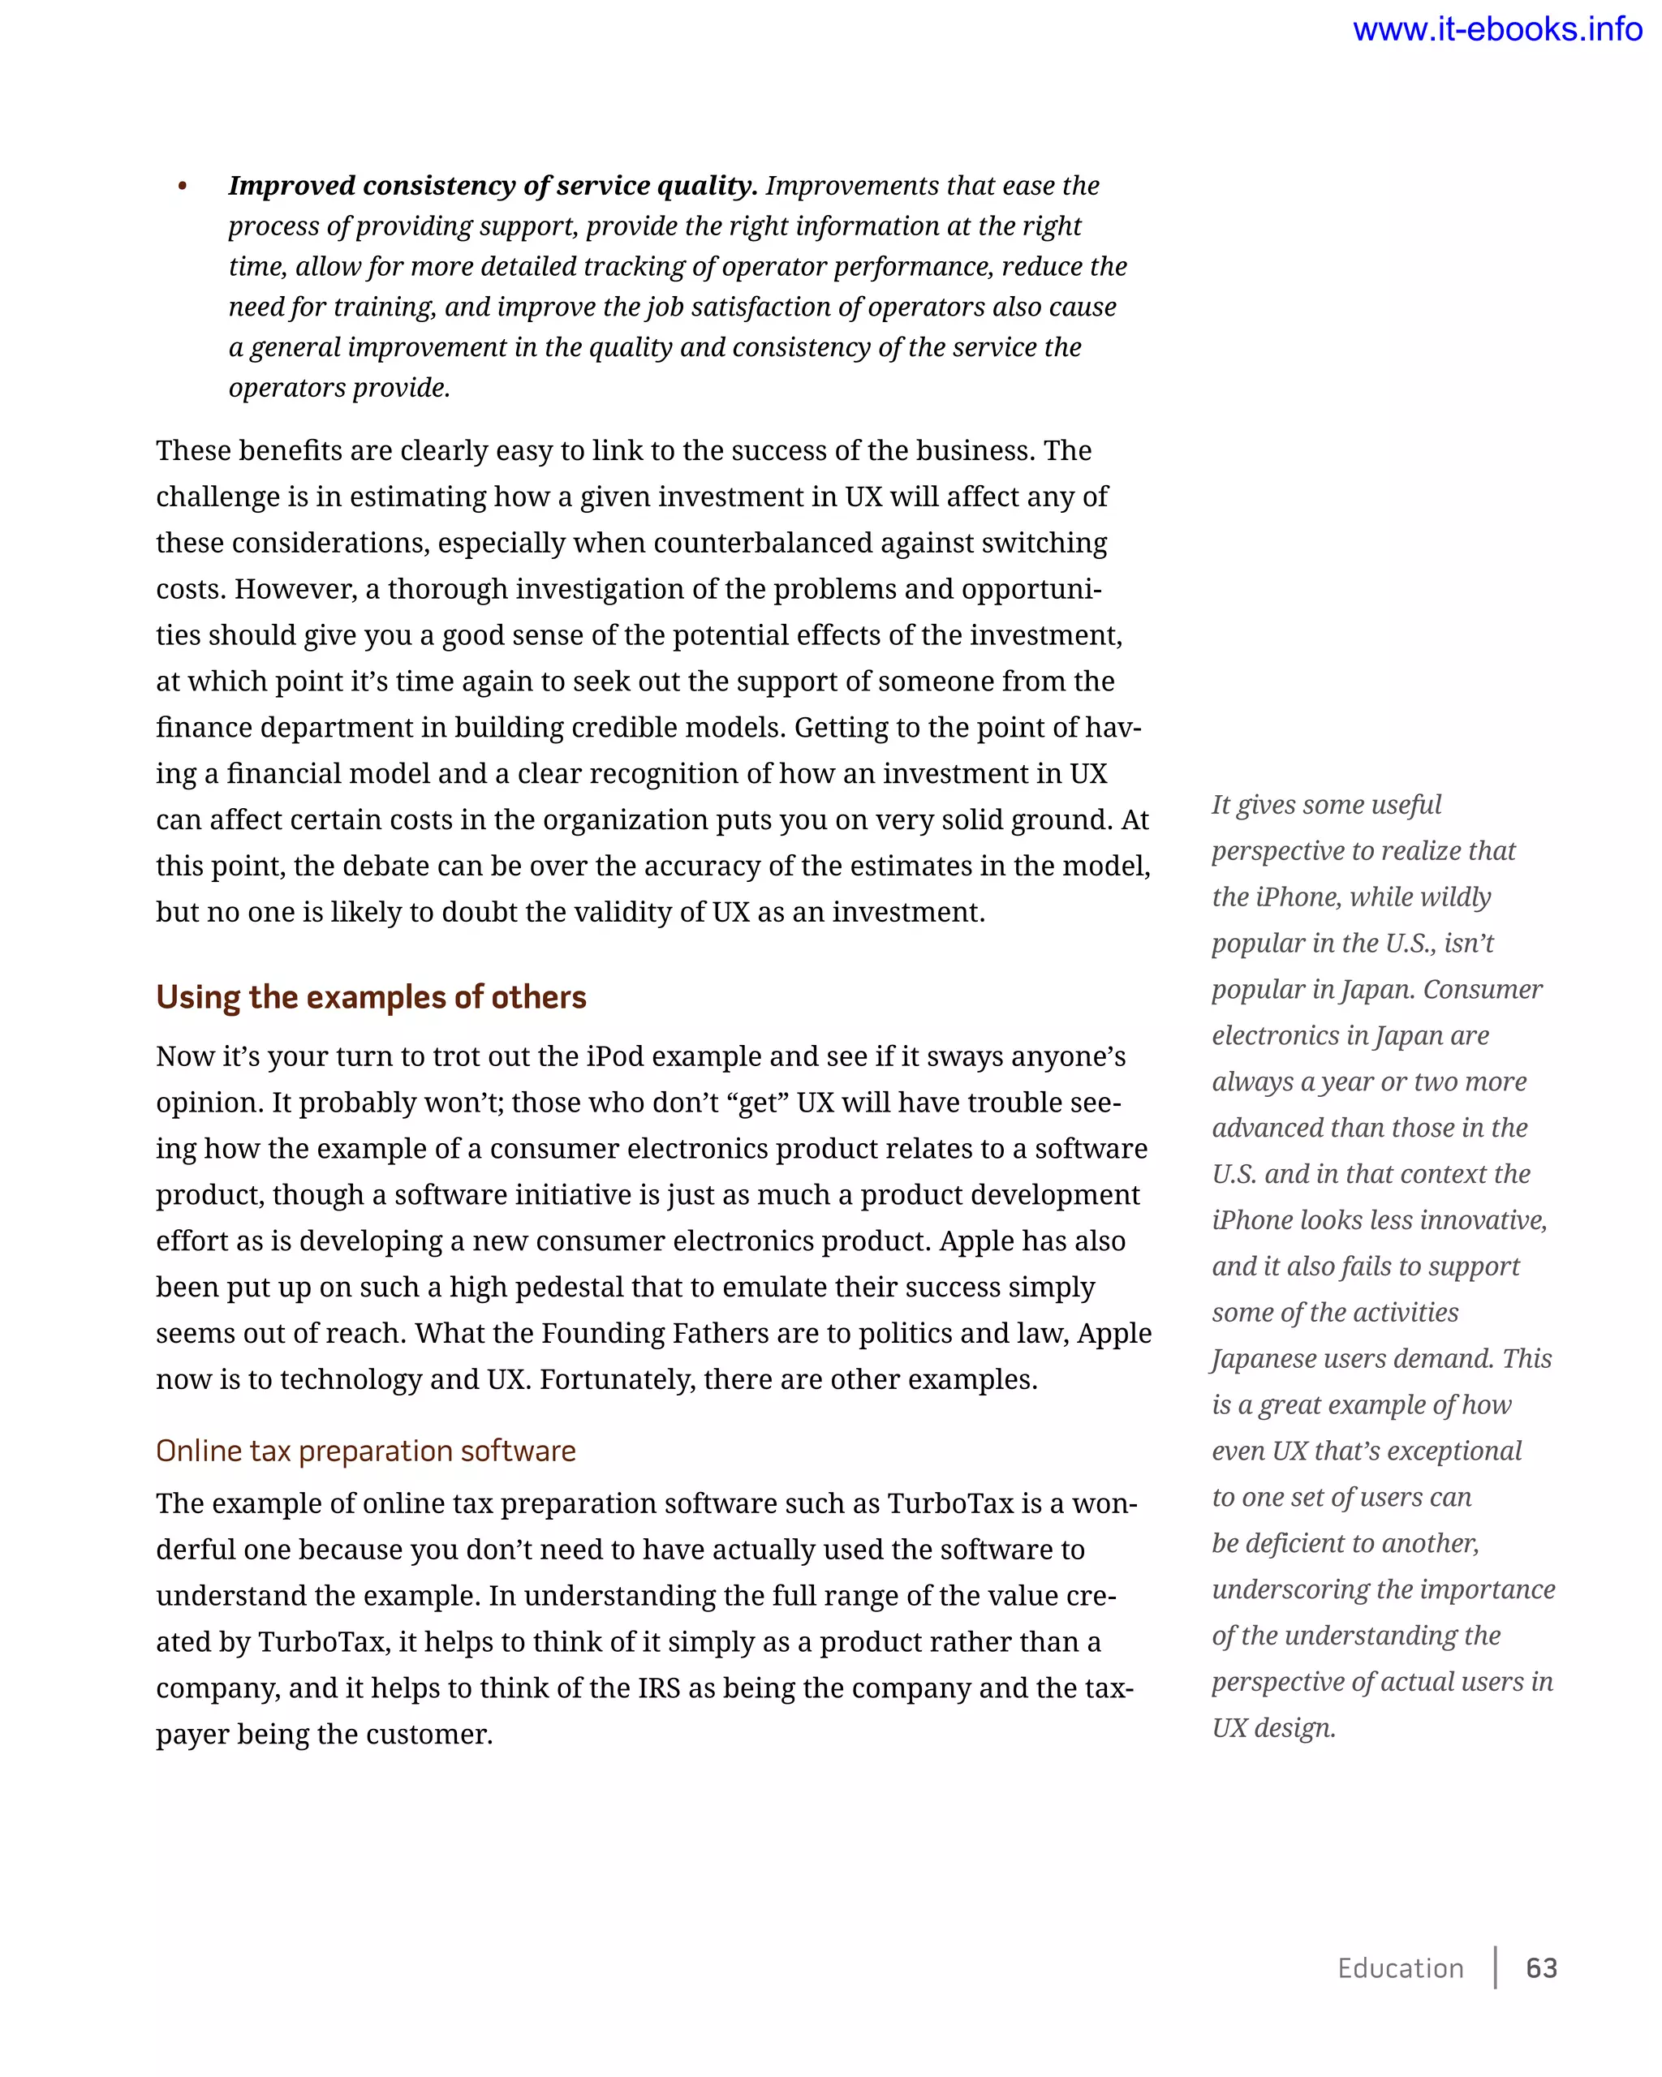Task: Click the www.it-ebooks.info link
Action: [1496, 30]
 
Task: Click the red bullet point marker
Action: [182, 187]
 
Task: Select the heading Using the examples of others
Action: [371, 997]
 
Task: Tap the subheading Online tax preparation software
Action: [365, 1451]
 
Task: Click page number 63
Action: [1542, 1968]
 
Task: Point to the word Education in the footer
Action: [1400, 1968]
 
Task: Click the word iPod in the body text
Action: [616, 1057]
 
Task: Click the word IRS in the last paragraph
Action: [658, 1688]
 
